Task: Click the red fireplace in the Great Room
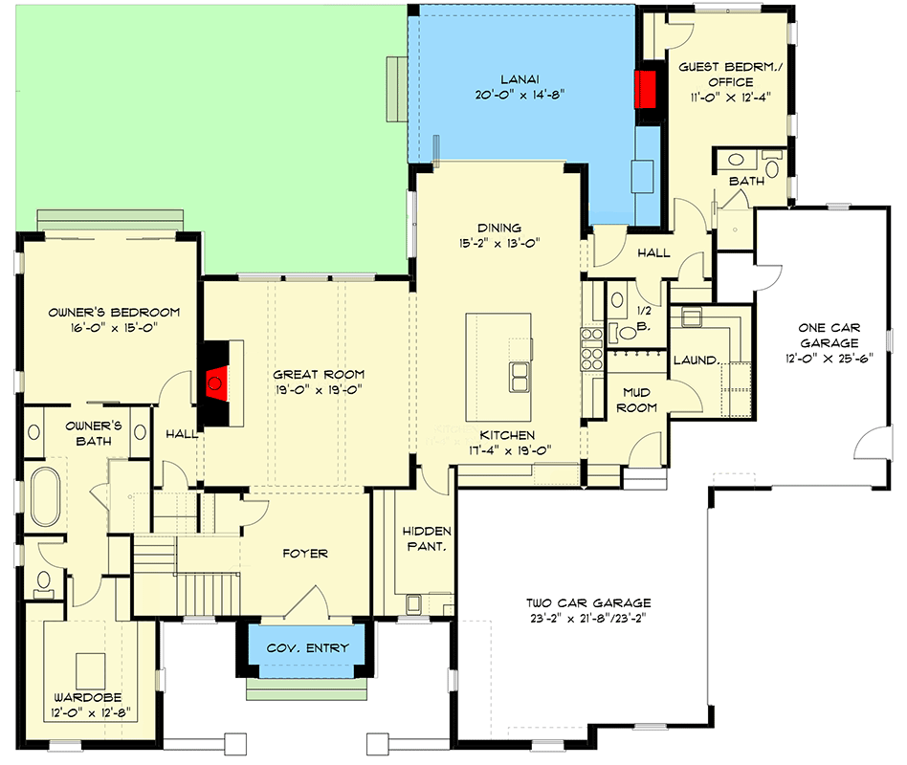215,382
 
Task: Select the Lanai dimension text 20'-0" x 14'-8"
520,95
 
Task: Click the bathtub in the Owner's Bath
45,496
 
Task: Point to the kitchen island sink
519,377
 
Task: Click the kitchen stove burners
591,349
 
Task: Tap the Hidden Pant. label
427,538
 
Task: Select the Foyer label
305,554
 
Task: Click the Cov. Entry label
307,647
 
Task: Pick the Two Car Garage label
588,602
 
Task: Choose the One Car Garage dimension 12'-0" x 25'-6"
829,359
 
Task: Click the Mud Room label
636,400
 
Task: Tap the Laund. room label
697,361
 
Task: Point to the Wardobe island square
91,670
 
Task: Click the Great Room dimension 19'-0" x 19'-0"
319,390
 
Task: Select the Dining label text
498,228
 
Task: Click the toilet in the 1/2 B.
624,333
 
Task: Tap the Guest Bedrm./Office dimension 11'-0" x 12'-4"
730,98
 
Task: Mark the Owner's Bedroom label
114,313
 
